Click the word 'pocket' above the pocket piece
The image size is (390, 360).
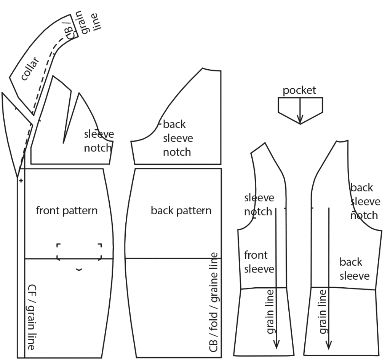(299, 90)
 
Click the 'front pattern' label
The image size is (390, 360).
(67, 210)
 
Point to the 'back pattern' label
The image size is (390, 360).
(181, 210)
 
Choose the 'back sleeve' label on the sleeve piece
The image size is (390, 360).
(354, 269)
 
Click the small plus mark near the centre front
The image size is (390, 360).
(21, 180)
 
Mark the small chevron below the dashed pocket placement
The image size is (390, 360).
(79, 270)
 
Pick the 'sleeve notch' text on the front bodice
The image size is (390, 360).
(99, 141)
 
